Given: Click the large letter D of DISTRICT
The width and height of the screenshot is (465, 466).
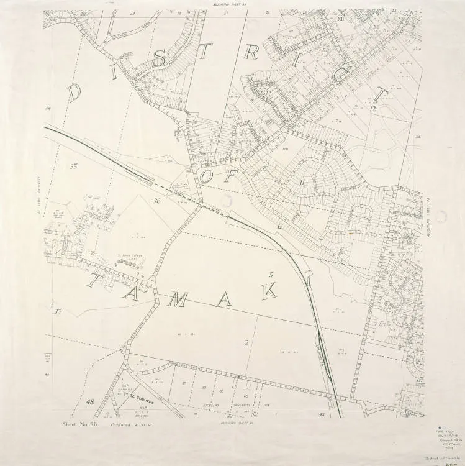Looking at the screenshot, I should click(74, 93).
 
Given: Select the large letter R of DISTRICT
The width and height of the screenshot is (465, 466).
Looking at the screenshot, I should click(251, 52).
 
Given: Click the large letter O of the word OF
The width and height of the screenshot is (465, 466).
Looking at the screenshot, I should click(207, 176).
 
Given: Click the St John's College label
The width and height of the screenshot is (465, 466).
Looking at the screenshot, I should click(127, 255).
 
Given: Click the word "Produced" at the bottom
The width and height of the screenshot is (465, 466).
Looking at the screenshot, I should click(122, 426).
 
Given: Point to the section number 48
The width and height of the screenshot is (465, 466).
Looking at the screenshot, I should click(91, 402).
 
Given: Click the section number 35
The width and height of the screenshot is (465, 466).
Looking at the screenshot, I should click(74, 166).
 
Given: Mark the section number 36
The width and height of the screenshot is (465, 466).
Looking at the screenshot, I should click(157, 201).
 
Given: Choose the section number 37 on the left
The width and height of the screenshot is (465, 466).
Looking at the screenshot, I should click(58, 311).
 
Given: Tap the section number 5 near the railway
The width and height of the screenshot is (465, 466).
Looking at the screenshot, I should click(271, 274).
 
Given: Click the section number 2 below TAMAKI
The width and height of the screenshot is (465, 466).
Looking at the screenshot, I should click(246, 342).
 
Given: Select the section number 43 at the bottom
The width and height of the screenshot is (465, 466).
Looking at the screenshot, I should click(322, 413).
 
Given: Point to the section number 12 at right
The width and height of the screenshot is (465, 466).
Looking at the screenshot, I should click(372, 109).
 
